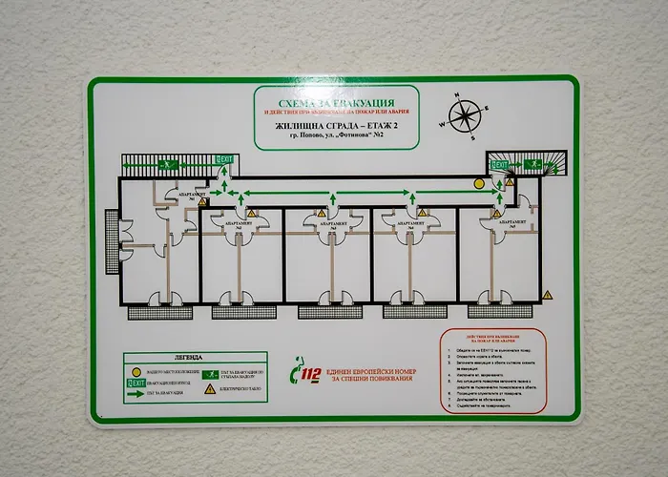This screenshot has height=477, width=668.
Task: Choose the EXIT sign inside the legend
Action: (x=136, y=382)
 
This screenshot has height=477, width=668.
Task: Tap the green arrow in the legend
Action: (x=136, y=394)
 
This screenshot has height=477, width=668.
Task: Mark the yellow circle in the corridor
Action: (x=474, y=187)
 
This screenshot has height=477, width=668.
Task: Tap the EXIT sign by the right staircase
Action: (x=499, y=165)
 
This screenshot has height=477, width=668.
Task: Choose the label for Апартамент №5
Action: (x=506, y=220)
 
